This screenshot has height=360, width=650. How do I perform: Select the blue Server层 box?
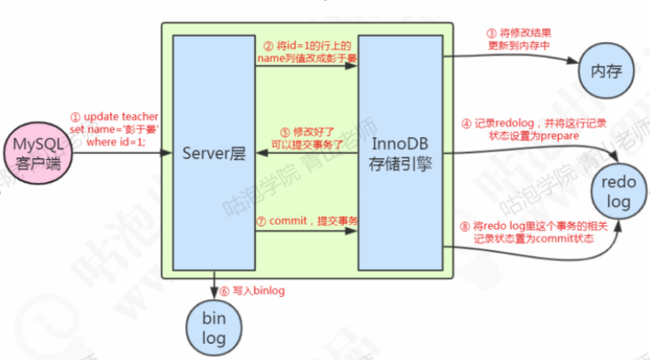click(214, 154)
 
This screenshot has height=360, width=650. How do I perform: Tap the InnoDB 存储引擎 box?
click(399, 154)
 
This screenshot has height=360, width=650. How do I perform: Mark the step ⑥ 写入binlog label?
click(254, 290)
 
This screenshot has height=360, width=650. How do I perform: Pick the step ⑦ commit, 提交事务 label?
click(308, 220)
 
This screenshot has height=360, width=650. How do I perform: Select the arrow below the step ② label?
click(306, 69)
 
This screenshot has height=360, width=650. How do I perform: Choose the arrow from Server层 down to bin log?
click(214, 289)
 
